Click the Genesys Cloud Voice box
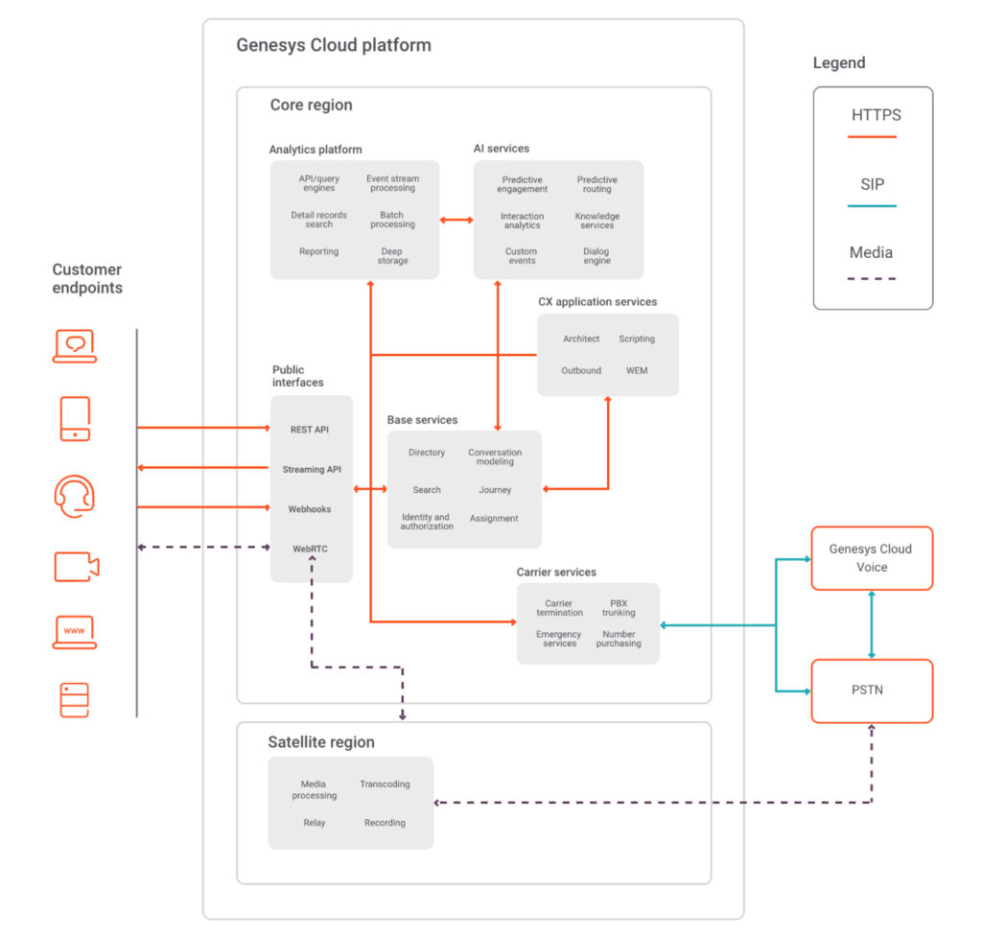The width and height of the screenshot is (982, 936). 871,558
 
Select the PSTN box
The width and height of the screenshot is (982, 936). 871,690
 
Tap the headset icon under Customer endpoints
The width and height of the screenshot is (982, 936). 75,497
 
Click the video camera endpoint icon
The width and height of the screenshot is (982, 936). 76,567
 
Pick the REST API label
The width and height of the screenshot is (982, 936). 309,430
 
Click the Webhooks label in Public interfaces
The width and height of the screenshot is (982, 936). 310,509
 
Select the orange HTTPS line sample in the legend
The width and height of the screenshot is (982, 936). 873,137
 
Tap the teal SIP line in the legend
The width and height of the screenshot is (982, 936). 873,206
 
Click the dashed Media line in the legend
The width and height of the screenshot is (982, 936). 873,278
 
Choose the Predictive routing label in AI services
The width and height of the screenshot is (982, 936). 596,184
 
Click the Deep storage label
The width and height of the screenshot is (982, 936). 392,256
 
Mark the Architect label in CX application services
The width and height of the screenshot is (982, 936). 581,339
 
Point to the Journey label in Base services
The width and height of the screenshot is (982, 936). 495,490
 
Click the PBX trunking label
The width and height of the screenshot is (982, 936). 619,608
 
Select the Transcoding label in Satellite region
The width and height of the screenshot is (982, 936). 385,784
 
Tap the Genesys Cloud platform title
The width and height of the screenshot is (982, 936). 334,45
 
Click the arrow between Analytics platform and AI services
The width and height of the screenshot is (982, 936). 456,221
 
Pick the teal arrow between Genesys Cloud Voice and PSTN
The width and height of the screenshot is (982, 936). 871,624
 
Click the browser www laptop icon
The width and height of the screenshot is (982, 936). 75,632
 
